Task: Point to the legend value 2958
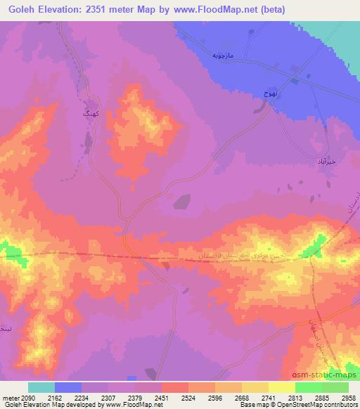[x=348, y=397]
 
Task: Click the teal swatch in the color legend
[x=41, y=387]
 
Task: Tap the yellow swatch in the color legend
[x=281, y=387]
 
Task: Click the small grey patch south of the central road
[x=181, y=202]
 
